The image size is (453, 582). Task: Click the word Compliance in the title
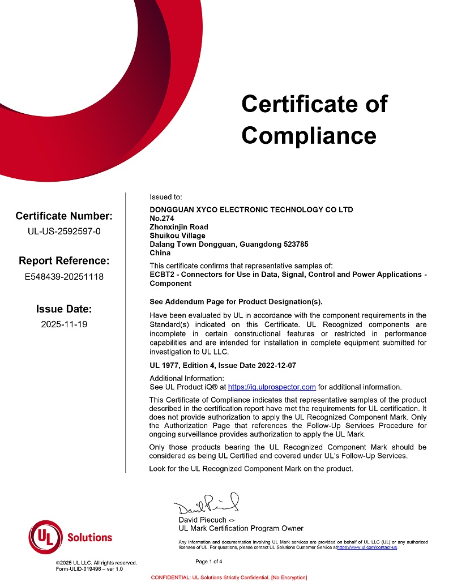point(309,135)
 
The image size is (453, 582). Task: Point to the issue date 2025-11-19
point(64,324)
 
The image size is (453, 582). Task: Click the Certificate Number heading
point(64,216)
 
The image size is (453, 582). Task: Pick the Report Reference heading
point(64,261)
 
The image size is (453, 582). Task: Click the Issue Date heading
point(64,309)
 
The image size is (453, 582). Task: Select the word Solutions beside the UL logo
point(89,537)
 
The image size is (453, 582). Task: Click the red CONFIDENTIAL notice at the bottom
point(229,577)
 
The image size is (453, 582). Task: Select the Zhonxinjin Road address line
point(179,227)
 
